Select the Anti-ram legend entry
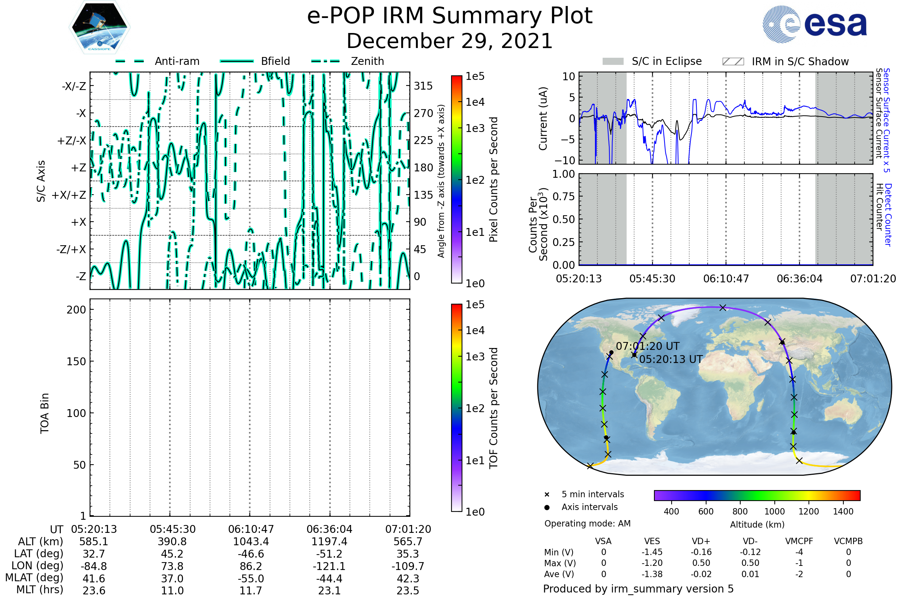pyautogui.click(x=177, y=61)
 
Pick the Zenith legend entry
pyautogui.click(x=367, y=61)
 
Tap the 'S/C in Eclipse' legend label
pyautogui.click(x=666, y=61)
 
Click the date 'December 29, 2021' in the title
pyautogui.click(x=450, y=41)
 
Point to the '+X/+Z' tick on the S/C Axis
pyautogui.click(x=69, y=195)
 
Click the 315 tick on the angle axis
pyautogui.click(x=423, y=86)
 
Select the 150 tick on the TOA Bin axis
pyautogui.click(x=76, y=361)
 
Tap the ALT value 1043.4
pyautogui.click(x=250, y=541)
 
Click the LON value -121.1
pyautogui.click(x=329, y=566)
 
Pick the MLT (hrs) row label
pyautogui.click(x=39, y=589)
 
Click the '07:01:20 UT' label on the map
pyautogui.click(x=648, y=346)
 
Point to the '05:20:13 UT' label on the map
pyautogui.click(x=671, y=359)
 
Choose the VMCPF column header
pyautogui.click(x=799, y=541)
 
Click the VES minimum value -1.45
pyautogui.click(x=652, y=552)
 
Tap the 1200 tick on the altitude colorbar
pyautogui.click(x=808, y=511)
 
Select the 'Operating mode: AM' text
pyautogui.click(x=587, y=523)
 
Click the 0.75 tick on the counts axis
pyautogui.click(x=564, y=196)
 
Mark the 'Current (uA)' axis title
pyautogui.click(x=543, y=118)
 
